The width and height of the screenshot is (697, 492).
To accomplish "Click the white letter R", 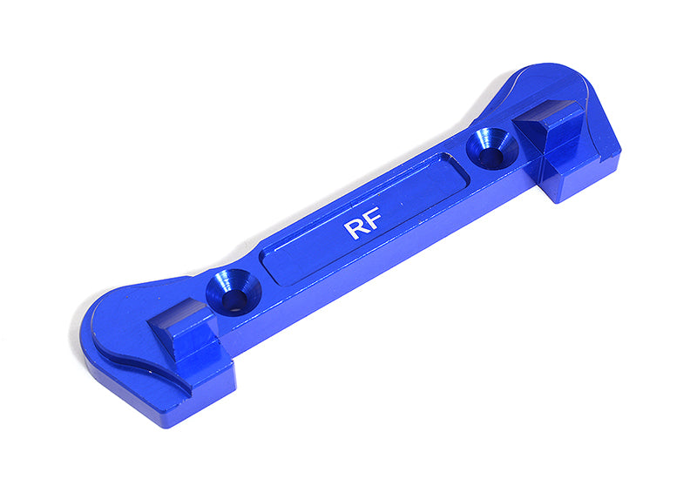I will [x=355, y=229].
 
